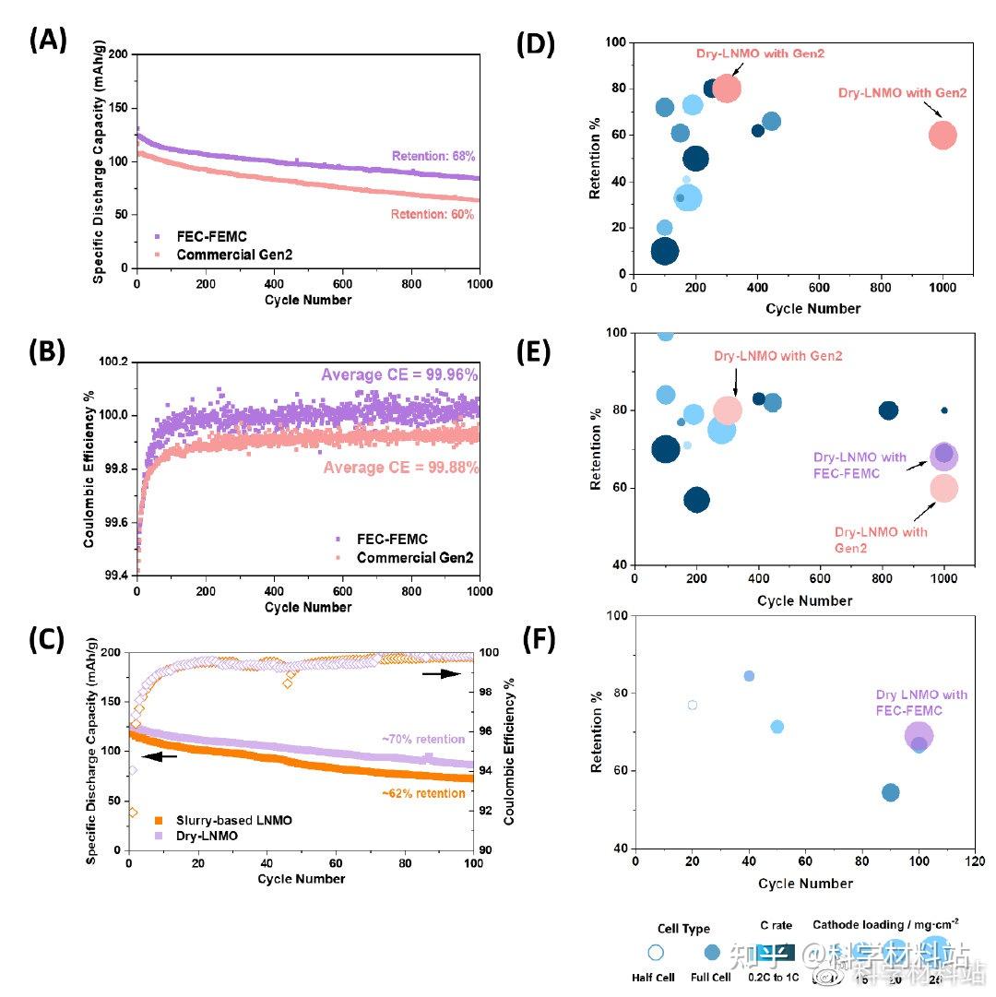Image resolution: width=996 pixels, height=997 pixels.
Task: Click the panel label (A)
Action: point(48,41)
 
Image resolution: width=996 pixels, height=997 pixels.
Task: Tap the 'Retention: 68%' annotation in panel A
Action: point(433,157)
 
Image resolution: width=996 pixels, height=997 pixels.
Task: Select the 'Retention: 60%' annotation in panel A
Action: point(433,215)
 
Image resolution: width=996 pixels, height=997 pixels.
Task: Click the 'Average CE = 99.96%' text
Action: point(399,375)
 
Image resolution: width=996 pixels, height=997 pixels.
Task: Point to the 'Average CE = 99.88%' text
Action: point(401,468)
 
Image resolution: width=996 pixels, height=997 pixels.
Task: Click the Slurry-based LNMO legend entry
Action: point(227,820)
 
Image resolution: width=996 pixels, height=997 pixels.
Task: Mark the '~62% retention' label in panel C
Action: point(421,793)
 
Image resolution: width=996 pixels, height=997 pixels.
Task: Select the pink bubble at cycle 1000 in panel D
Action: point(943,136)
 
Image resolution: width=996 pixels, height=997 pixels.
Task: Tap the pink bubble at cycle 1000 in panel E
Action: point(943,488)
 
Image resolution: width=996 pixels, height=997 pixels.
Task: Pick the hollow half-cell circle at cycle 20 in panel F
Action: point(693,706)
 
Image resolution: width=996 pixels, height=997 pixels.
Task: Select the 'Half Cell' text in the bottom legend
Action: point(655,978)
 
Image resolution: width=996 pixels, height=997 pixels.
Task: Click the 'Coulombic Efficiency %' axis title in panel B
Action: point(90,469)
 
